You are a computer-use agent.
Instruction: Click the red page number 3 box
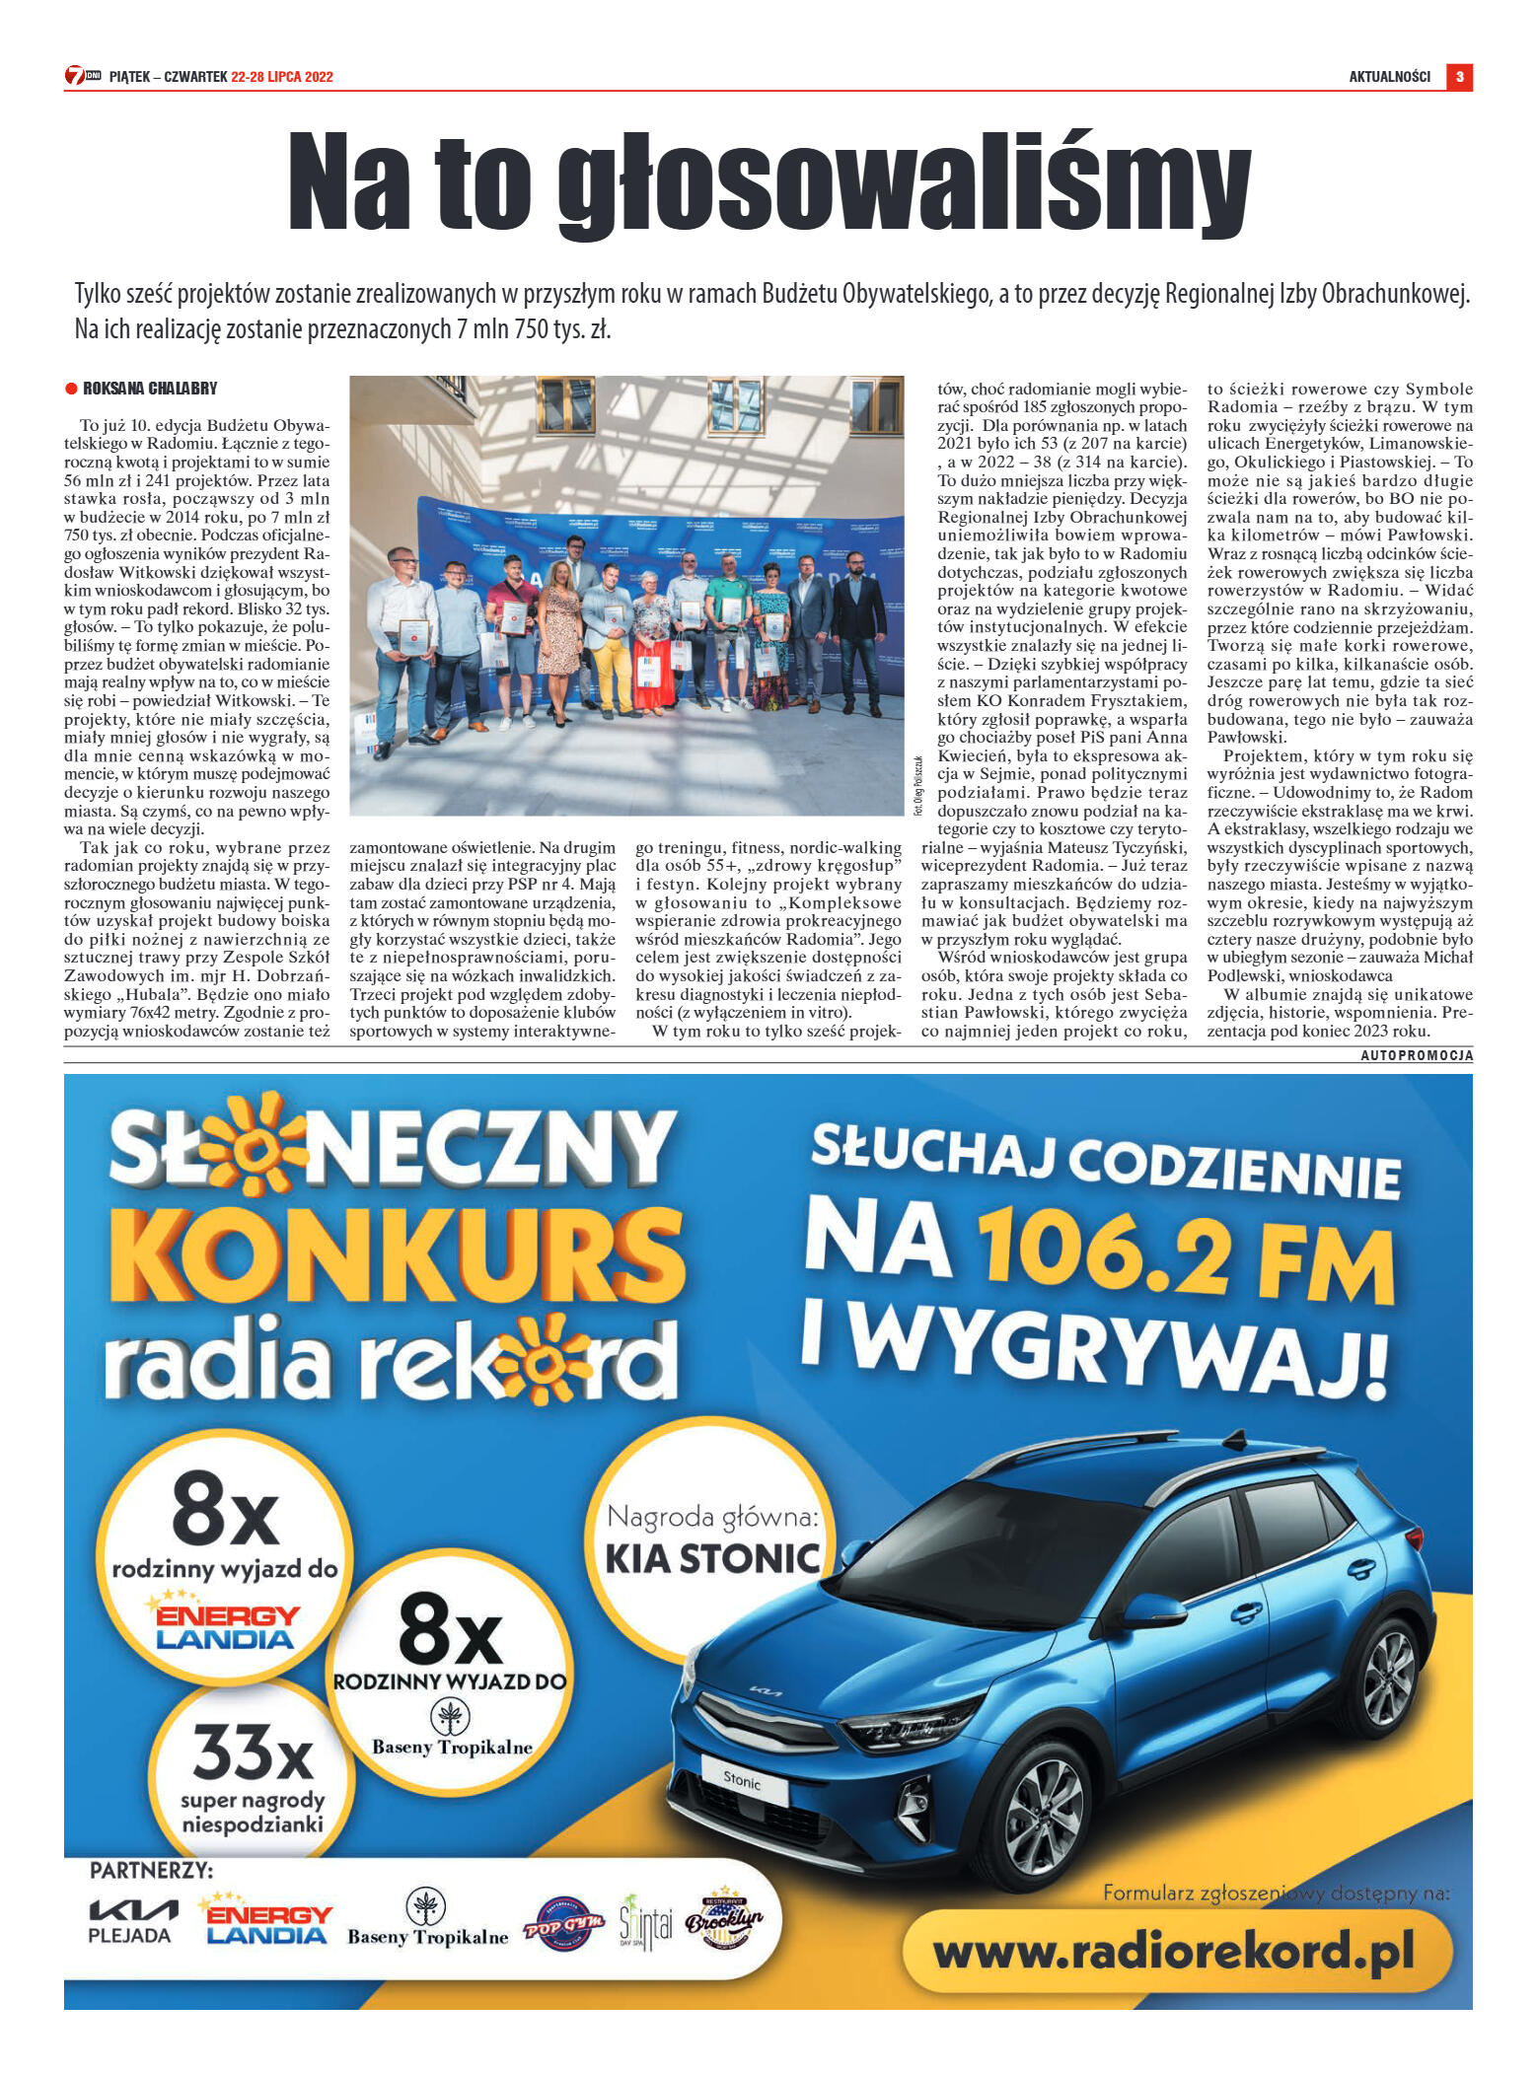1459,76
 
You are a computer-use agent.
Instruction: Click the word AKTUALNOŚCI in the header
1389,77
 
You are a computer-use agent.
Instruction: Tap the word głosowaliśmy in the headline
904,184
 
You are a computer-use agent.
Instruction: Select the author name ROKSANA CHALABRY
150,389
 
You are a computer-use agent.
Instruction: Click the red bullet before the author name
71,389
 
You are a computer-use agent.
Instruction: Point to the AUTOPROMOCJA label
1416,1055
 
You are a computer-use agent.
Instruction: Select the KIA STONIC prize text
712,1559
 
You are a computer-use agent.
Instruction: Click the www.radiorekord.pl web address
1174,1950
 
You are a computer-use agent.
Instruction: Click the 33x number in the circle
253,1751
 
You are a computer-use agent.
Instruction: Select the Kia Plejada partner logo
132,1920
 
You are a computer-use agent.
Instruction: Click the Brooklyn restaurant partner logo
724,1920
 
